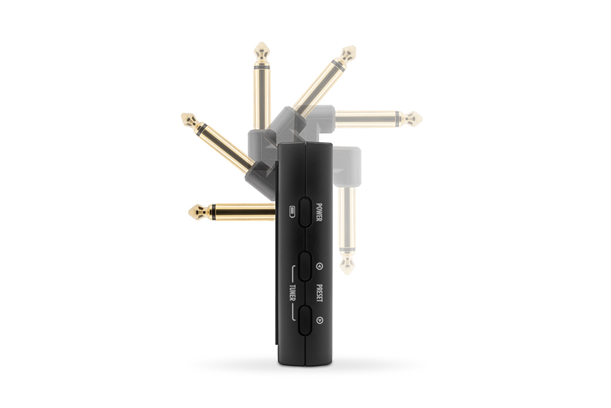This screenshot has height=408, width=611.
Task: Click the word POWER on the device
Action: click(x=319, y=212)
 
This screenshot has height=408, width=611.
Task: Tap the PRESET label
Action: click(x=319, y=293)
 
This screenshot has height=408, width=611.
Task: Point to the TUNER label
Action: click(x=292, y=293)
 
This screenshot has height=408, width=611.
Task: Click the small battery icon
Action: click(x=292, y=212)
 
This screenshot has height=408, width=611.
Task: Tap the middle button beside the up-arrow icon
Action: click(x=305, y=266)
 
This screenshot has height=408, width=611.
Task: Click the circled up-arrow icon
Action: click(x=319, y=267)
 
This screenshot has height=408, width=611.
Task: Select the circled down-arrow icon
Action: click(x=319, y=320)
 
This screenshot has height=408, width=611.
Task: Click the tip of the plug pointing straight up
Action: click(x=263, y=44)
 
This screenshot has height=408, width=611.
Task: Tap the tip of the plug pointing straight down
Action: click(x=347, y=274)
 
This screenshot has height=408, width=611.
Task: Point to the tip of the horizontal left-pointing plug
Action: click(x=189, y=212)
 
